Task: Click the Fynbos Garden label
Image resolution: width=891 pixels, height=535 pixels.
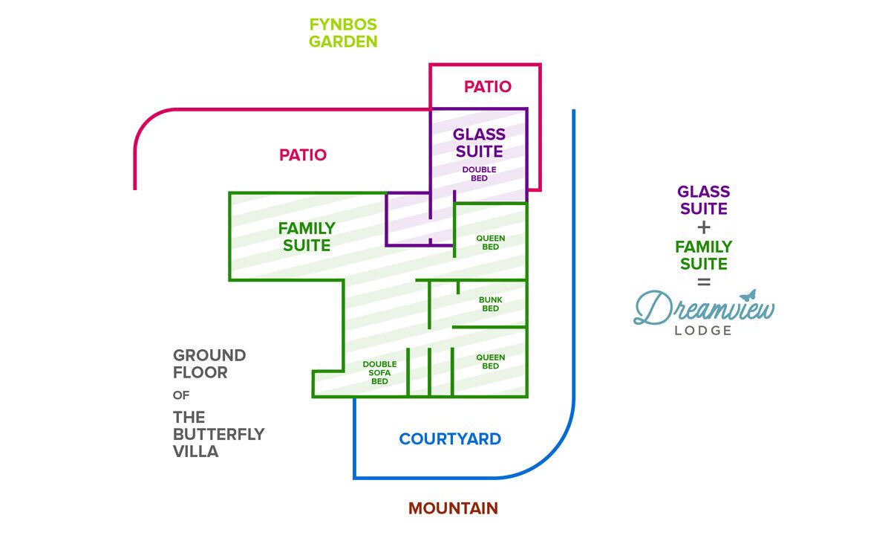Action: (x=343, y=33)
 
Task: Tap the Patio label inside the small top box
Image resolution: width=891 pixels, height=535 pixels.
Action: (x=488, y=87)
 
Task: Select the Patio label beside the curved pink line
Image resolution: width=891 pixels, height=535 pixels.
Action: (x=303, y=155)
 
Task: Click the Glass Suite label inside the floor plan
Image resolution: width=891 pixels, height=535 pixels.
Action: (x=479, y=143)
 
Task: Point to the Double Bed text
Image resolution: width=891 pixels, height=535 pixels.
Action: (x=479, y=174)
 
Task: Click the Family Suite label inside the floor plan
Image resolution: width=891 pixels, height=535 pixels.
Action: (x=307, y=236)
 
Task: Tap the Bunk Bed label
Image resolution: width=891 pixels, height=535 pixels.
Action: (x=490, y=304)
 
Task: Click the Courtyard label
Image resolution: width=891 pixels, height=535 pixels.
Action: (x=450, y=439)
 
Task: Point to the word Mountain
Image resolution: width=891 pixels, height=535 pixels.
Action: (x=453, y=509)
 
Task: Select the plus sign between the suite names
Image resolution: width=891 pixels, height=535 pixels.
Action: (x=704, y=227)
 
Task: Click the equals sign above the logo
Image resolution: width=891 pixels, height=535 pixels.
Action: (x=704, y=282)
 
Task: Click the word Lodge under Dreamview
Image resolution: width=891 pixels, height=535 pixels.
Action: (x=703, y=331)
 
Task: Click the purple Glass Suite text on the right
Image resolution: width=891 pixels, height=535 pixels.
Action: (x=704, y=201)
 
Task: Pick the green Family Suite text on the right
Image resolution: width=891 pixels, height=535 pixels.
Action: (x=704, y=255)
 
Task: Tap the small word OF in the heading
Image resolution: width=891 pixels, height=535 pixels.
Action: (x=181, y=395)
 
